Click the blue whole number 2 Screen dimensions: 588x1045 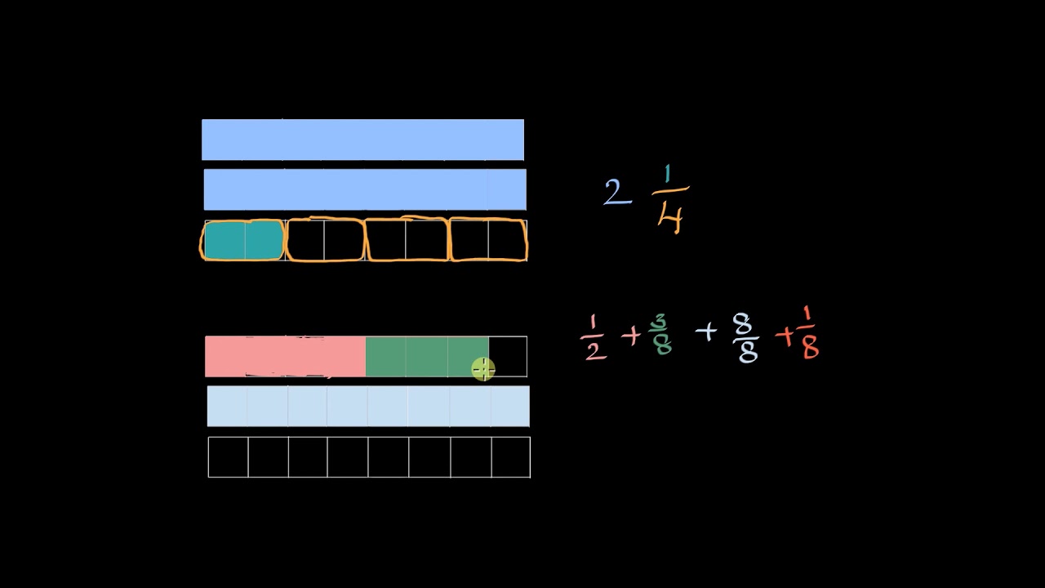(616, 194)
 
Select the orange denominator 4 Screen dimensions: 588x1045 (669, 216)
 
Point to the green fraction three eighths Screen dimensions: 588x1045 (660, 335)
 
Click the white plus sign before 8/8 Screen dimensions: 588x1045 (706, 332)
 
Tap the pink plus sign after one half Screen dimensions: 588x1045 (630, 335)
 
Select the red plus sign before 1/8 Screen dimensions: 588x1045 (785, 336)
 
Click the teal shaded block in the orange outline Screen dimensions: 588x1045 (243, 241)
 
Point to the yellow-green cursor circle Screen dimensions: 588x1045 (482, 370)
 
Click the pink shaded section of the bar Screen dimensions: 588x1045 (285, 357)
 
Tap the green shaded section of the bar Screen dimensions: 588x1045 (426, 357)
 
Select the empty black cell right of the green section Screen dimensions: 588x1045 (508, 356)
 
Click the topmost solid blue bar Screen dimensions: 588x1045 (362, 140)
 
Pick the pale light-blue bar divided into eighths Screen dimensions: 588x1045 (368, 406)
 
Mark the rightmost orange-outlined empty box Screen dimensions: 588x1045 (488, 240)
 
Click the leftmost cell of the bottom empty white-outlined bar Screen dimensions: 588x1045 (229, 457)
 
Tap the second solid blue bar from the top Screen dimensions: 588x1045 (365, 189)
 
